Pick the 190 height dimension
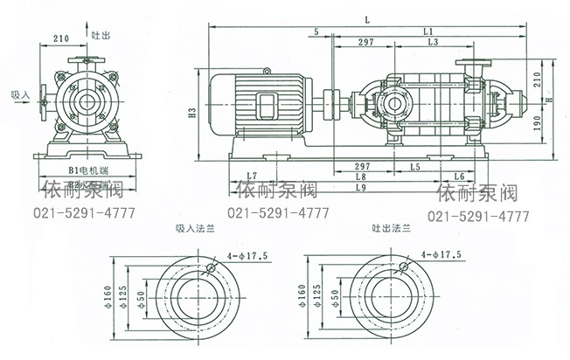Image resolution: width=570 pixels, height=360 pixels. [538, 125]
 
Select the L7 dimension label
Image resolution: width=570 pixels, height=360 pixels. [252, 176]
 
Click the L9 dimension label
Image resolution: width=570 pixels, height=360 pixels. [361, 186]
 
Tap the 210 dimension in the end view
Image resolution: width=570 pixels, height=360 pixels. [62, 39]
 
